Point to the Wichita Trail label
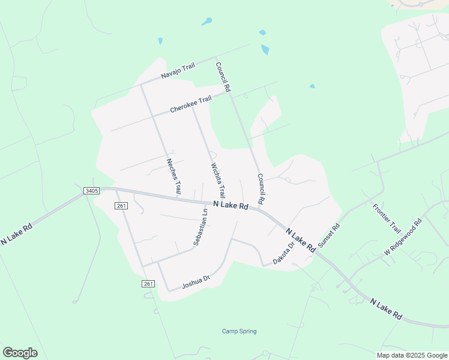pyautogui.click(x=218, y=181)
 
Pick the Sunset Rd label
pyautogui.click(x=329, y=236)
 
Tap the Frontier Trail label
pyautogui.click(x=386, y=218)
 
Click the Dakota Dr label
pyautogui.click(x=284, y=253)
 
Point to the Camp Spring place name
pyautogui.click(x=239, y=331)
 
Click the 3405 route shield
pyautogui.click(x=91, y=191)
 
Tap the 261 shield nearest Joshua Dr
pyautogui.click(x=149, y=284)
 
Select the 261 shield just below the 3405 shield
pyautogui.click(x=121, y=206)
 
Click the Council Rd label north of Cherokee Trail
pyautogui.click(x=223, y=77)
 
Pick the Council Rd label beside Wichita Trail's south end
pyautogui.click(x=261, y=188)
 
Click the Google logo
pyautogui.click(x=20, y=353)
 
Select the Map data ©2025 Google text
pyautogui.click(x=412, y=355)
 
